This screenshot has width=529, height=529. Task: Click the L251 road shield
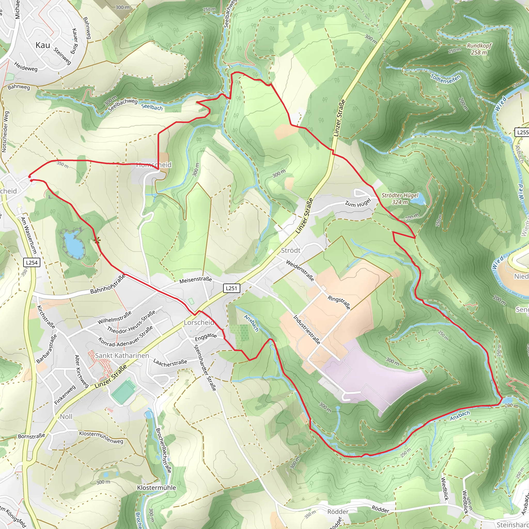coord(231,288)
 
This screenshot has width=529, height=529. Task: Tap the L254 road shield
coord(32,263)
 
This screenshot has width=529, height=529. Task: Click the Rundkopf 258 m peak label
coord(479,49)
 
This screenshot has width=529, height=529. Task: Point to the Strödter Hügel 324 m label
coord(400,199)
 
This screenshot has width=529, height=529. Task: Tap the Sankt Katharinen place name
coord(122,356)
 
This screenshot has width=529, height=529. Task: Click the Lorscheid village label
coord(199,323)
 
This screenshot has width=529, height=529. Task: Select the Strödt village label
coord(291,251)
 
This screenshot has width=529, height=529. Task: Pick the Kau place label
coord(43,45)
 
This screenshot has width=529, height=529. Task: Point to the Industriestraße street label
coord(307,329)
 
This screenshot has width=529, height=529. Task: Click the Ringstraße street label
coord(339,302)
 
